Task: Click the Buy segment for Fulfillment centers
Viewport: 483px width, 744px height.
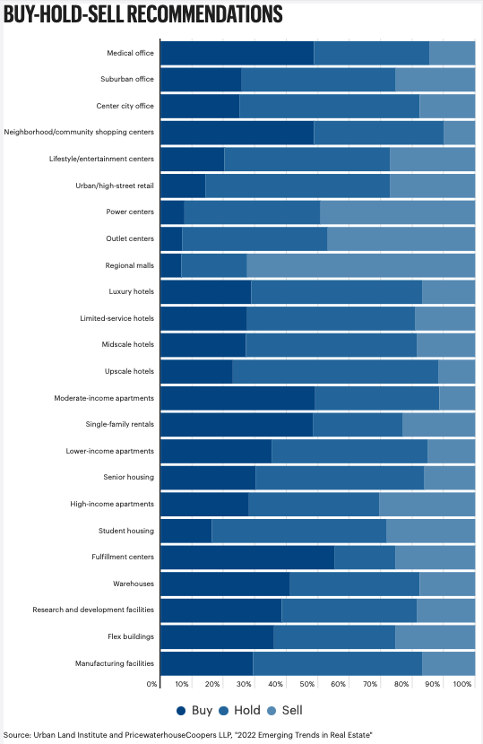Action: pyautogui.click(x=247, y=557)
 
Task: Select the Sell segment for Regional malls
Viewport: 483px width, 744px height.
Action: pyautogui.click(x=360, y=265)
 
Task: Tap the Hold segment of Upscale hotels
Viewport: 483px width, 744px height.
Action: pyautogui.click(x=335, y=371)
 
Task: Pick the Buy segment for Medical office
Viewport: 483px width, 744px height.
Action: pyautogui.click(x=237, y=53)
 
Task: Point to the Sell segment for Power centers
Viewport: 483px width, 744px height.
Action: pyautogui.click(x=398, y=212)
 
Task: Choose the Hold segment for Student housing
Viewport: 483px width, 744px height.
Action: pyautogui.click(x=299, y=531)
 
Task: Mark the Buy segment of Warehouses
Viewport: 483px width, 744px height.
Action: pyautogui.click(x=225, y=584)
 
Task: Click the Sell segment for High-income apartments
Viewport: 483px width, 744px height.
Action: pyautogui.click(x=427, y=504)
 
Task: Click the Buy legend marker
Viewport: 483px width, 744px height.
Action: pyautogui.click(x=181, y=711)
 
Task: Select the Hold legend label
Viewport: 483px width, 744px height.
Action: pyautogui.click(x=247, y=710)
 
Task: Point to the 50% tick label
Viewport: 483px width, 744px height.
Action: pyautogui.click(x=307, y=684)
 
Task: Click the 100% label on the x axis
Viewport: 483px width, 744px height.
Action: pyautogui.click(x=462, y=684)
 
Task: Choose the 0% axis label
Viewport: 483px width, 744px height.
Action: pyautogui.click(x=151, y=684)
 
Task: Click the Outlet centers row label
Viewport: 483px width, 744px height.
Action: pyautogui.click(x=130, y=238)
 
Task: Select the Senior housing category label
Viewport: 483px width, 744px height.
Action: pyautogui.click(x=128, y=478)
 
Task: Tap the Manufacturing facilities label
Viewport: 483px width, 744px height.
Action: pyautogui.click(x=115, y=663)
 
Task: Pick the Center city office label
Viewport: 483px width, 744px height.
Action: pyautogui.click(x=125, y=106)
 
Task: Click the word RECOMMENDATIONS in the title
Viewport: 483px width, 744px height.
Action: pyautogui.click(x=204, y=14)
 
